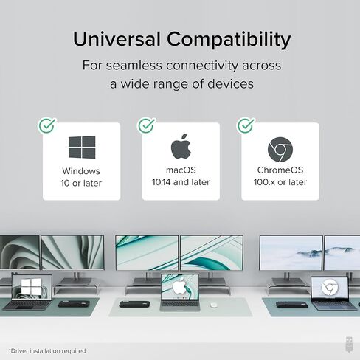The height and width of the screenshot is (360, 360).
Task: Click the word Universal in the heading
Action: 117,39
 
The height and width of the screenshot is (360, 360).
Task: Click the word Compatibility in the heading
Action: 229,40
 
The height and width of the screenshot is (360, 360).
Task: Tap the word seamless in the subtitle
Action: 134,66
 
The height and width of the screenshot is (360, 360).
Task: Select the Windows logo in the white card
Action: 82,147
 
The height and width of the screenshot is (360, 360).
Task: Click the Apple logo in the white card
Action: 181,146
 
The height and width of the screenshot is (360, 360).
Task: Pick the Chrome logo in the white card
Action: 280,150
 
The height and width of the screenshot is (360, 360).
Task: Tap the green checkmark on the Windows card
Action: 47,125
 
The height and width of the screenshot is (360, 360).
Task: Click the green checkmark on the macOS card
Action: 147,125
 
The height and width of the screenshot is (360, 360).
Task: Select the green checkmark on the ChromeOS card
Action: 246,125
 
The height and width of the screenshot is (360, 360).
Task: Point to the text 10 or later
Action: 81,183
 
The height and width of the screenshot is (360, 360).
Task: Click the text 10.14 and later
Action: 181,182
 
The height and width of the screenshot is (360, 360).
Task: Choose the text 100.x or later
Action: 280,182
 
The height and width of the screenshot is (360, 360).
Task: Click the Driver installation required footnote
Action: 47,350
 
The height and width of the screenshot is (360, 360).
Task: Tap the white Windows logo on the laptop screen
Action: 31,286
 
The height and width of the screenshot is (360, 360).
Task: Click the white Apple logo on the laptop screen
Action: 180,285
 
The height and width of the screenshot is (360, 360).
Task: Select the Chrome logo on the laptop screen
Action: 330,288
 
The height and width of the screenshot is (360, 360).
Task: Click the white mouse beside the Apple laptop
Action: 213,305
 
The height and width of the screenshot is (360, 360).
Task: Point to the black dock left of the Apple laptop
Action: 134,304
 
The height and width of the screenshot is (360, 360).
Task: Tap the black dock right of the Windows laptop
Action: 74,304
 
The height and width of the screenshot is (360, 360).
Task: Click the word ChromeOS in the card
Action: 280,170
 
